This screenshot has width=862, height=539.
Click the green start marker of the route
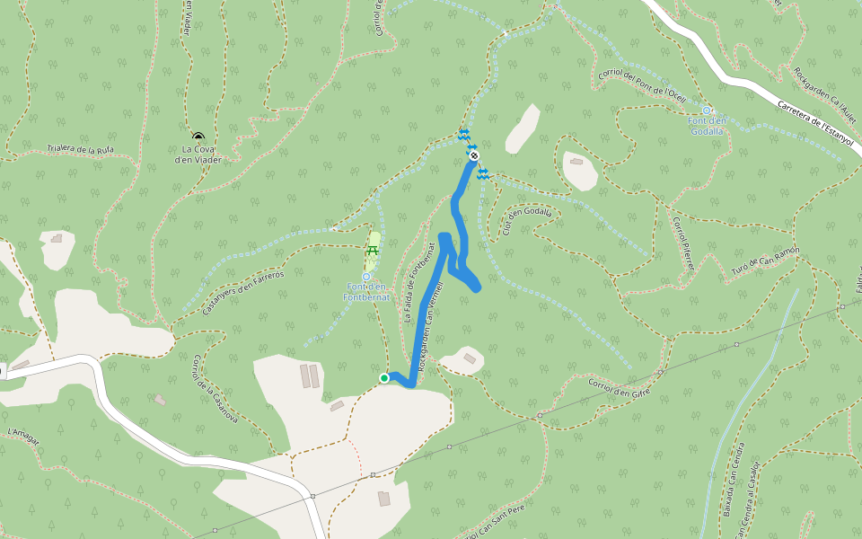point(384,378)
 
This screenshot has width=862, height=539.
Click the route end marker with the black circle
point(474,155)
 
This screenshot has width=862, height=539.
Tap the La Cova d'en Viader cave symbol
point(198,137)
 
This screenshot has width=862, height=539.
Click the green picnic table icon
point(373,250)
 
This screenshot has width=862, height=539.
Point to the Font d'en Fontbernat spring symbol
point(366,277)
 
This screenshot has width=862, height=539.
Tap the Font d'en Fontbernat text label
point(365,291)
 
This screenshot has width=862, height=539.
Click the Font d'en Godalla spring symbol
point(707,110)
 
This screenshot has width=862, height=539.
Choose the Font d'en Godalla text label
point(708,126)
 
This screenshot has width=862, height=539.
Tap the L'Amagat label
point(23,434)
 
